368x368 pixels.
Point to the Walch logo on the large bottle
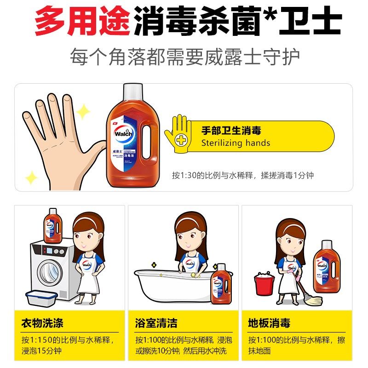pos(123,134)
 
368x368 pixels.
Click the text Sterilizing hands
pos(236,143)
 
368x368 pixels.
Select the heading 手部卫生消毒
pos(231,130)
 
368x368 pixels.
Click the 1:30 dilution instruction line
pos(242,175)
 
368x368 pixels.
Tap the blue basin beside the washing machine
pos(41,298)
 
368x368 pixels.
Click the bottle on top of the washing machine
pos(53,225)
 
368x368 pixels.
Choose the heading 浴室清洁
pos(156,323)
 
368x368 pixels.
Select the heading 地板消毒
pos(269,323)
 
